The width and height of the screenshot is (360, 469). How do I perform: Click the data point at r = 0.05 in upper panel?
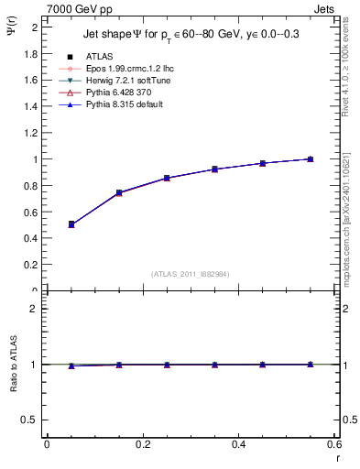pos(71,224)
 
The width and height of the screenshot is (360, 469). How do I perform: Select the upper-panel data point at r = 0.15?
pos(119,193)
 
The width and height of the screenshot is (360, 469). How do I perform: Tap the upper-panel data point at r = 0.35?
pos(214,169)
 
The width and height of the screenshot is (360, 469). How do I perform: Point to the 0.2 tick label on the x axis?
pos(142,444)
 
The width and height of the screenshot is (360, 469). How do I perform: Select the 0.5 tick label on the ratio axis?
pos(28,420)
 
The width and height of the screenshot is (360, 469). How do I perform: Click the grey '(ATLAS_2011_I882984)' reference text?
pos(191,274)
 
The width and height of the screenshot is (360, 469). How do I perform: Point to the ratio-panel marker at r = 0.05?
pos(71,365)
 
